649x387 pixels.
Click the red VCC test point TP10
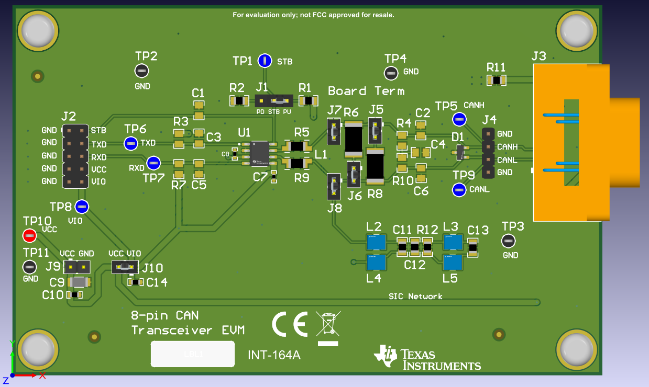30,236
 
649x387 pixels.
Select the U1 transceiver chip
259,152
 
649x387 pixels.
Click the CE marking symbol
290,325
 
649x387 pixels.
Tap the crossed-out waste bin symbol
327,323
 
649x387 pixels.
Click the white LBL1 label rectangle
192,354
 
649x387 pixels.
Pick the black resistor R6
353,140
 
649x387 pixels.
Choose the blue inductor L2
376,242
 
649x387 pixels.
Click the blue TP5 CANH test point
459,119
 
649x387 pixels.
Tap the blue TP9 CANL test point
459,190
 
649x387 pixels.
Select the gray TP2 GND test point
142,71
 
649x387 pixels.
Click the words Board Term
366,91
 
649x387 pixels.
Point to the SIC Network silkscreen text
415,297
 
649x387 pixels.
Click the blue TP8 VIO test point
82,207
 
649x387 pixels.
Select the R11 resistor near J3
496,80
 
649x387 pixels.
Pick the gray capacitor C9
79,283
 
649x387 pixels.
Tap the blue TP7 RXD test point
153,163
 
